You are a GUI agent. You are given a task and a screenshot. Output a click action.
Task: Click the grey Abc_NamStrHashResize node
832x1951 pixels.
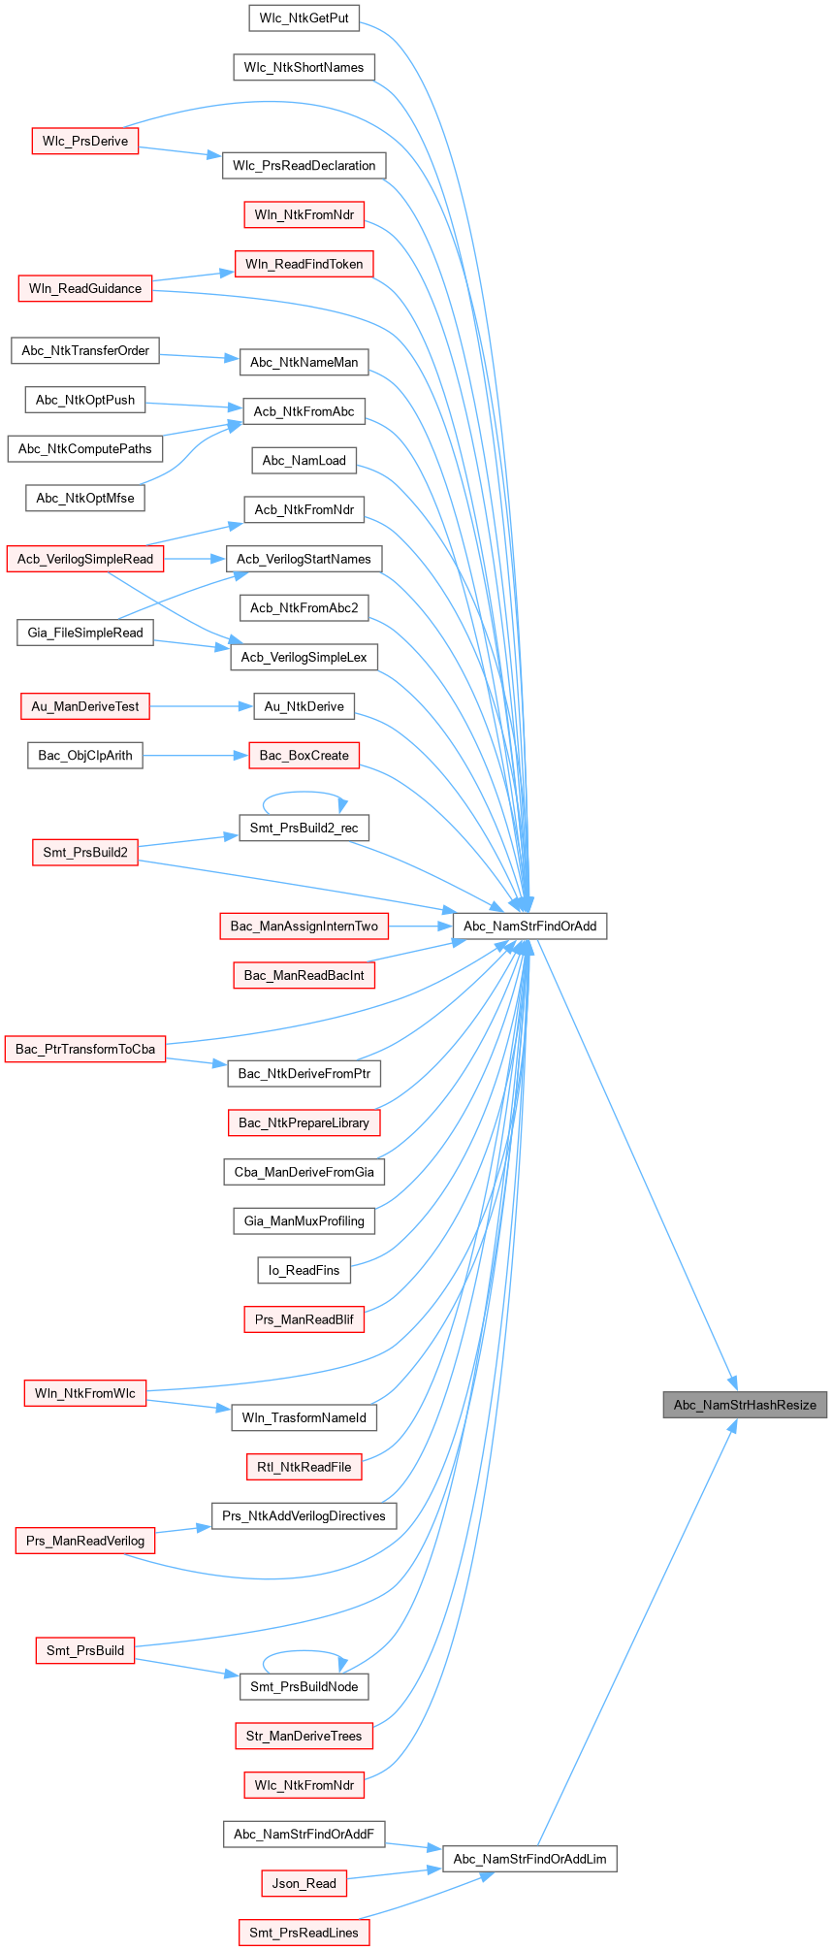coord(744,1405)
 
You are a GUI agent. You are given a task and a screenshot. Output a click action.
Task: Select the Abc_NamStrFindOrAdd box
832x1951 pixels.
coord(529,926)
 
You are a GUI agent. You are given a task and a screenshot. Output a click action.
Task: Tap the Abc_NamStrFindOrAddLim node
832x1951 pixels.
coord(529,1859)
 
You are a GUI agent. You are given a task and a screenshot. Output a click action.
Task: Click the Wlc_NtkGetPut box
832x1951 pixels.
coord(304,18)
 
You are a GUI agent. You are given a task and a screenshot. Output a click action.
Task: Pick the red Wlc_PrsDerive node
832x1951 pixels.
coord(85,141)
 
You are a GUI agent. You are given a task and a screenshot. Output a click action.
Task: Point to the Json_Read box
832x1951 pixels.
coord(304,1883)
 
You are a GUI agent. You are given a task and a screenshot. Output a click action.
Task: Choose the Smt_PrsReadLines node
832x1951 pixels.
coord(304,1933)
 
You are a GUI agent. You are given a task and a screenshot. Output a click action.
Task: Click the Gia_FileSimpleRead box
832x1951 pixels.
coord(85,633)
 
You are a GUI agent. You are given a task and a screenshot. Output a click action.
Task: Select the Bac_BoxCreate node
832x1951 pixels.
coord(304,756)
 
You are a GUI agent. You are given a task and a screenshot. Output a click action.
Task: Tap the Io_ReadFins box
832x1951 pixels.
coord(304,1270)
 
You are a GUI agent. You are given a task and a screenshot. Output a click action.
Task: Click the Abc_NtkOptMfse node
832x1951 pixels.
coord(85,498)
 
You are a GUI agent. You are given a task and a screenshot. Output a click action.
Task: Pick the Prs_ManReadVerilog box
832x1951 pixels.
coord(85,1541)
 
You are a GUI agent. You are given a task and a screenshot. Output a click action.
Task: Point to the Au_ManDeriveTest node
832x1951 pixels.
coord(85,706)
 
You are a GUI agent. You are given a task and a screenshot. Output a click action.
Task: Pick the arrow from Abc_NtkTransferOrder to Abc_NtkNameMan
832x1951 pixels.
coord(199,357)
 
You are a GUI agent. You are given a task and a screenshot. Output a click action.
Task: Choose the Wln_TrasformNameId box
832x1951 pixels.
coord(304,1417)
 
